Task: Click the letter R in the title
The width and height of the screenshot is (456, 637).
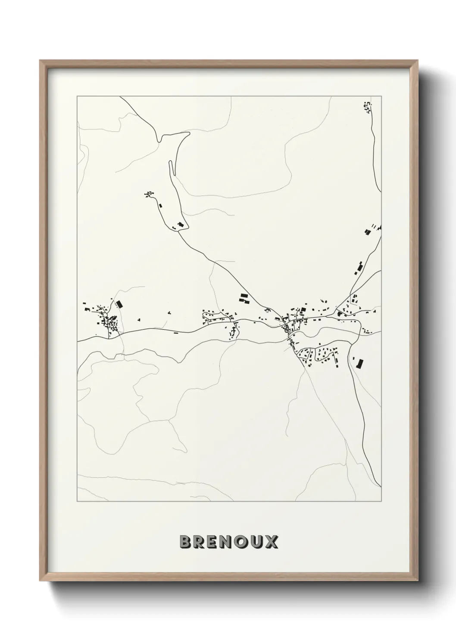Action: pyautogui.click(x=199, y=542)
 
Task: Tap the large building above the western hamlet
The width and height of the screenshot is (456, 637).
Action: pyautogui.click(x=119, y=304)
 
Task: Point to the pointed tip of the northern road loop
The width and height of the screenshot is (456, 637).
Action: pyautogui.click(x=188, y=133)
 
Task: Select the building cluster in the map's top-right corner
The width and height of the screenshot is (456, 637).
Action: pyautogui.click(x=367, y=107)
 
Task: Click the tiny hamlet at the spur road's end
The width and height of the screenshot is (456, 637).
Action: pyautogui.click(x=149, y=195)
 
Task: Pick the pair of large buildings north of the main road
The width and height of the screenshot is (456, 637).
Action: pyautogui.click(x=244, y=298)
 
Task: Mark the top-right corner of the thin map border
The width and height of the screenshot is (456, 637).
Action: pyautogui.click(x=381, y=96)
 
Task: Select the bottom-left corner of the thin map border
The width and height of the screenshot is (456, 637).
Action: pyautogui.click(x=77, y=501)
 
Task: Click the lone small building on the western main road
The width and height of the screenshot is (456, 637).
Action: pyautogui.click(x=175, y=332)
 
